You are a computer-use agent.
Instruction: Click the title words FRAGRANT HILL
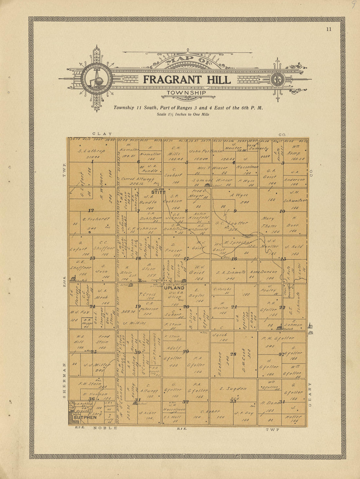(187, 80)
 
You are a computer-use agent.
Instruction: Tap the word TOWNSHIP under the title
(187, 93)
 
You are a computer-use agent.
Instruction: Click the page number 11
(329, 29)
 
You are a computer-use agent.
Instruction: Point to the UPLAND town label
(174, 288)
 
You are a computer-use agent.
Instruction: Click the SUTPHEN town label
(85, 417)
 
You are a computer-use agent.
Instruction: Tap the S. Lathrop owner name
(91, 151)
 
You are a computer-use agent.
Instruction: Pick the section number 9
(235, 211)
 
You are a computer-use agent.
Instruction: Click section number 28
(233, 354)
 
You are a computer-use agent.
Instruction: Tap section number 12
(91, 210)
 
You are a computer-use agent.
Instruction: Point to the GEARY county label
(310, 394)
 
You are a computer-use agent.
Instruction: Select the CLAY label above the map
(102, 134)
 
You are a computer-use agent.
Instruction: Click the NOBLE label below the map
(105, 428)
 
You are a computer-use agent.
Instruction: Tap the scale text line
(183, 115)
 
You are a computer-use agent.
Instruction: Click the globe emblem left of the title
(97, 79)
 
